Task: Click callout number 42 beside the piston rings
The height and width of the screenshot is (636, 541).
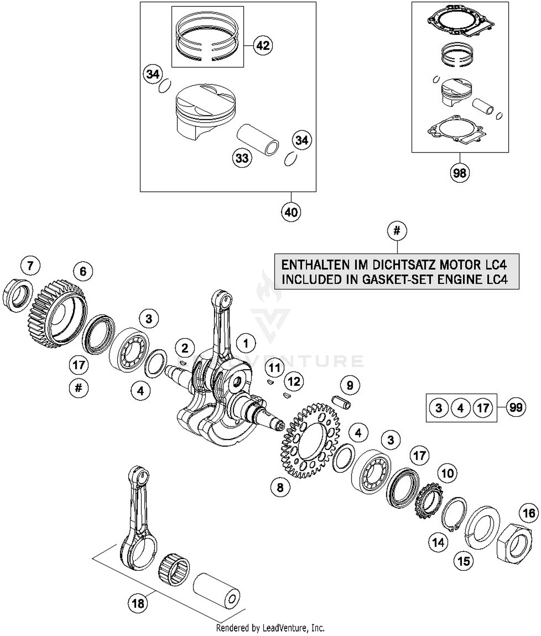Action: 263,45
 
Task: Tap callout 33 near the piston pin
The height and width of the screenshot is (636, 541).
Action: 242,158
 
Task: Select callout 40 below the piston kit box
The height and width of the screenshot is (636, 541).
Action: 291,212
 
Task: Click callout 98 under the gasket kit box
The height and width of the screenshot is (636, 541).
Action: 459,173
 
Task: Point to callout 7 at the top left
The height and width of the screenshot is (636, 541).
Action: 30,266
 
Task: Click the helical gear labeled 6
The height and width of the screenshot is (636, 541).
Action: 58,314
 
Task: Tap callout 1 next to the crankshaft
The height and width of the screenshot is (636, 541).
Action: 246,343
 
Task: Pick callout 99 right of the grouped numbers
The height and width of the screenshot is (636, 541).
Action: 516,408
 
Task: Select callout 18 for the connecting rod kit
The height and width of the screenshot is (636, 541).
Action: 138,604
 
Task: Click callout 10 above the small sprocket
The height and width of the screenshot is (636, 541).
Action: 448,473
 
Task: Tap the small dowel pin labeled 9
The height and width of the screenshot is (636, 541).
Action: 341,402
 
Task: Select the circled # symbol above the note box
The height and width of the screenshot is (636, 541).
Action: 397,231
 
